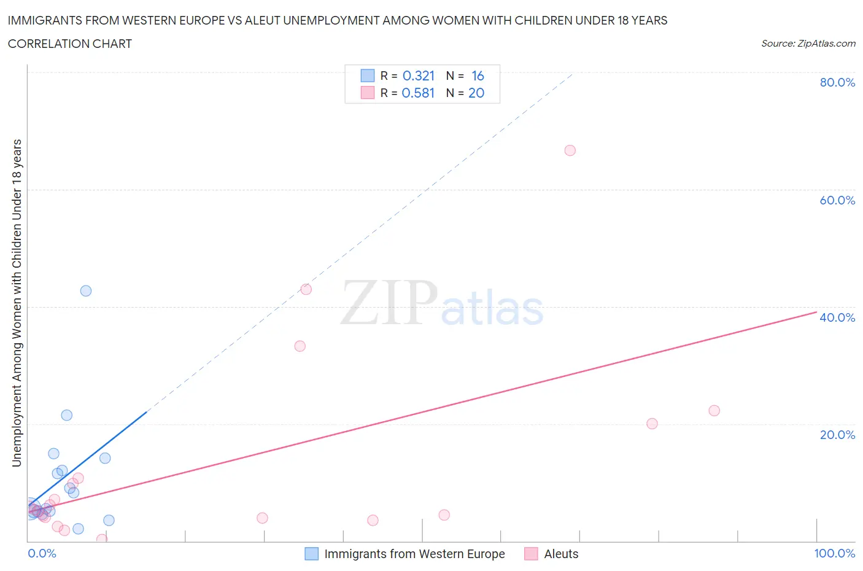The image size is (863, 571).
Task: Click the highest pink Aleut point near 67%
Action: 570,150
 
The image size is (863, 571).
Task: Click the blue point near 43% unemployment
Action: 86,290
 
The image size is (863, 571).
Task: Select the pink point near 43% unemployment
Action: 306,289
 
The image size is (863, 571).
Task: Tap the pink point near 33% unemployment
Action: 300,346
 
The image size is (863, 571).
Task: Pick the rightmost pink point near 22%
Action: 714,411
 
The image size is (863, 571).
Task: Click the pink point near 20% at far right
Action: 652,424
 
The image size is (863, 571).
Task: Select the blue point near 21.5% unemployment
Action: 67,415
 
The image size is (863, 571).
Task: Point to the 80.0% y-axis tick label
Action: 837,82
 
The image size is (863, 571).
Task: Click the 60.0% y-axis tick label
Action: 837,200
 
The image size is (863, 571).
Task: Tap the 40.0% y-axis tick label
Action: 837,317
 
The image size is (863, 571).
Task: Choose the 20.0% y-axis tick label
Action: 837,435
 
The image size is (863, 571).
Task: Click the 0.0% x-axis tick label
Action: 42,553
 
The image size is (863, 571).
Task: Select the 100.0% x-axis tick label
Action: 834,553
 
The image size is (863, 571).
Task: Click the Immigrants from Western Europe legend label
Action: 414,554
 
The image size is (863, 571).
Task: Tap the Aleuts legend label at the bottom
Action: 561,554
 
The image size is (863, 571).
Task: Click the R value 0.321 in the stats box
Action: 418,76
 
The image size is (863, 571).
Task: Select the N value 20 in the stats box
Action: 476,93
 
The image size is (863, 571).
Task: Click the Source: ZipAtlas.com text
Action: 808,44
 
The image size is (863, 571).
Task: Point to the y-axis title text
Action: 17,303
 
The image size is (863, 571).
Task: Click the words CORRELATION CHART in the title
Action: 70,44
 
